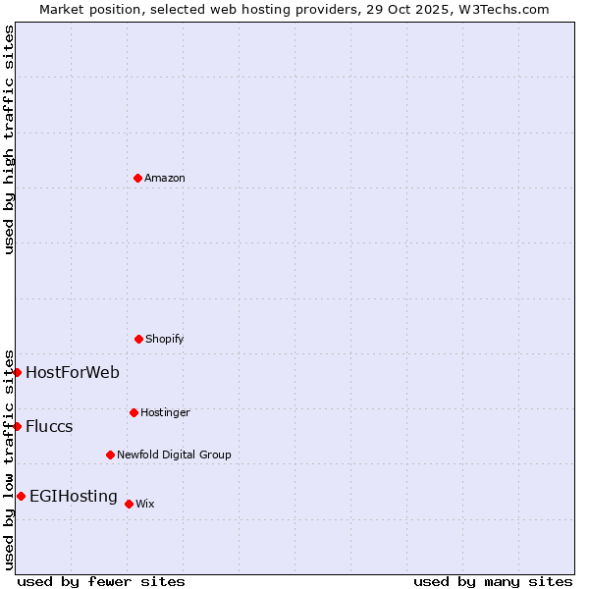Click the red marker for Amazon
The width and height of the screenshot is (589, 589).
click(x=137, y=178)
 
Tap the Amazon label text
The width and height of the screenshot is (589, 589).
click(x=165, y=179)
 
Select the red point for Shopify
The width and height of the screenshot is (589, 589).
click(x=138, y=339)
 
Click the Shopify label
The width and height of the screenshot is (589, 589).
click(x=165, y=340)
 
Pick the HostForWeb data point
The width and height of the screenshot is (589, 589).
click(x=17, y=372)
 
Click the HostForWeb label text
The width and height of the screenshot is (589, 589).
click(x=73, y=372)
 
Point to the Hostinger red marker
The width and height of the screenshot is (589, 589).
click(x=134, y=412)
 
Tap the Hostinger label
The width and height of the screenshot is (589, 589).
click(x=165, y=413)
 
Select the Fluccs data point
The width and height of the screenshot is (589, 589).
click(x=17, y=426)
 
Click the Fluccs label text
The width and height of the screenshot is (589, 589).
click(x=49, y=426)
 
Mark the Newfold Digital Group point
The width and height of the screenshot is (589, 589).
click(x=110, y=455)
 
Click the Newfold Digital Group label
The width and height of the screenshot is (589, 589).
click(x=174, y=455)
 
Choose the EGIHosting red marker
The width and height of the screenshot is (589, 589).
click(x=21, y=496)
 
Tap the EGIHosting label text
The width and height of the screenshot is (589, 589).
click(x=74, y=496)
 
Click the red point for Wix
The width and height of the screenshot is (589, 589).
click(x=129, y=504)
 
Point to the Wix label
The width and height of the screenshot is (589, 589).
click(x=145, y=505)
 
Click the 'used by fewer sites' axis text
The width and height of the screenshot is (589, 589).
click(x=101, y=581)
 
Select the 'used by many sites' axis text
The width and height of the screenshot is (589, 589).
click(x=493, y=581)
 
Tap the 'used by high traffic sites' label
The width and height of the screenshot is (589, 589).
click(x=9, y=139)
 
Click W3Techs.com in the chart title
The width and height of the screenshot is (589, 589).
click(x=501, y=9)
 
